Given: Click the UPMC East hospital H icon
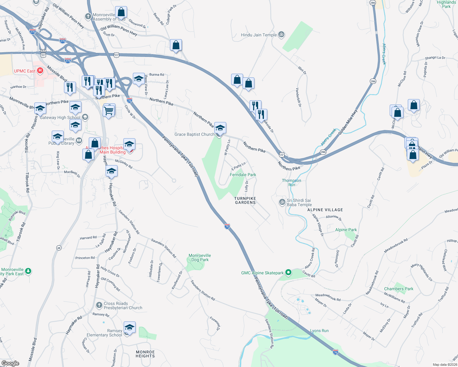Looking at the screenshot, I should tap(40, 71).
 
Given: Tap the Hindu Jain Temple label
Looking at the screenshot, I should tap(259, 35).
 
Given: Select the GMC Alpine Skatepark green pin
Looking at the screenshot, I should tap(288, 272).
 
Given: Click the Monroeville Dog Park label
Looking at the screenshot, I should tap(200, 258).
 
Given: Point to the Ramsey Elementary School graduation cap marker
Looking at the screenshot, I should tap(129, 327).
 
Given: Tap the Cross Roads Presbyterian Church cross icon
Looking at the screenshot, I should tap(99, 305).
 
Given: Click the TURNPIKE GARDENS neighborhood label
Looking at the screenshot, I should tap(245, 200).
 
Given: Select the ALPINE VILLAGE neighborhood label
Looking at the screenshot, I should tap(325, 210).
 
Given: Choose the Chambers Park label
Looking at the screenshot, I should tap(399, 289).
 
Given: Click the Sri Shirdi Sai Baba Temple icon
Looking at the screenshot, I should tap(282, 202).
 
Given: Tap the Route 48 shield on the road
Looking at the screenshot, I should tap(59, 248).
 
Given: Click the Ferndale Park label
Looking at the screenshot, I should tap(243, 175).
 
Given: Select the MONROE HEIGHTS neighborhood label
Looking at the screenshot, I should tap(145, 354).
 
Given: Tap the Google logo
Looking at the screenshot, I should tap(10, 363).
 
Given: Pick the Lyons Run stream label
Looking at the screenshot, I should tap(319, 331).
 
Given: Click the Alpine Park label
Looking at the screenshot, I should tap(346, 230).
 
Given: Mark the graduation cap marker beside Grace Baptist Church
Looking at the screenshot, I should tap(220, 128).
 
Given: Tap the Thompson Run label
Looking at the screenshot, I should tap(291, 183).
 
